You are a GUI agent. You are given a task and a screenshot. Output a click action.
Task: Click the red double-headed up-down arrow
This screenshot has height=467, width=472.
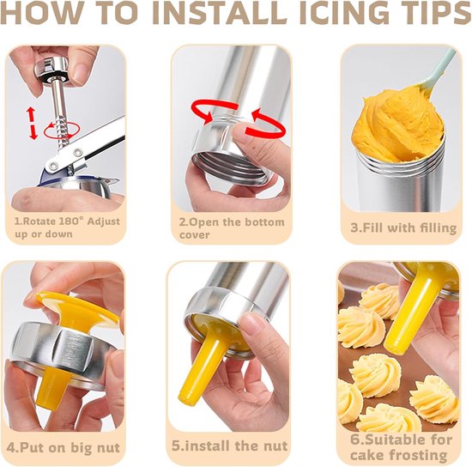(32, 124)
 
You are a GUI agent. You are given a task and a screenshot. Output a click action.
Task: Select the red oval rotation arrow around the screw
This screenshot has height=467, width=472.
(62, 130)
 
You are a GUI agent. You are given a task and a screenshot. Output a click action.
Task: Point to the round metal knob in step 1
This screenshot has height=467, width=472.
(51, 69)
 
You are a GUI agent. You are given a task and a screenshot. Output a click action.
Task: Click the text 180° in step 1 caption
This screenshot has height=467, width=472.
(70, 221)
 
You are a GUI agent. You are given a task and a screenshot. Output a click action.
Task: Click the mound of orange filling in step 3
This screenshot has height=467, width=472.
(397, 124)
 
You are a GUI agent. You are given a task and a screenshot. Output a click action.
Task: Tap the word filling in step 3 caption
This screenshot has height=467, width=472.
(436, 228)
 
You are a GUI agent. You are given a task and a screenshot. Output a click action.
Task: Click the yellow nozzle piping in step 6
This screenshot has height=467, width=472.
(409, 315)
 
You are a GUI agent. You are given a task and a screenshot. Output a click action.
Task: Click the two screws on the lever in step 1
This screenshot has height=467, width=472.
(67, 158)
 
